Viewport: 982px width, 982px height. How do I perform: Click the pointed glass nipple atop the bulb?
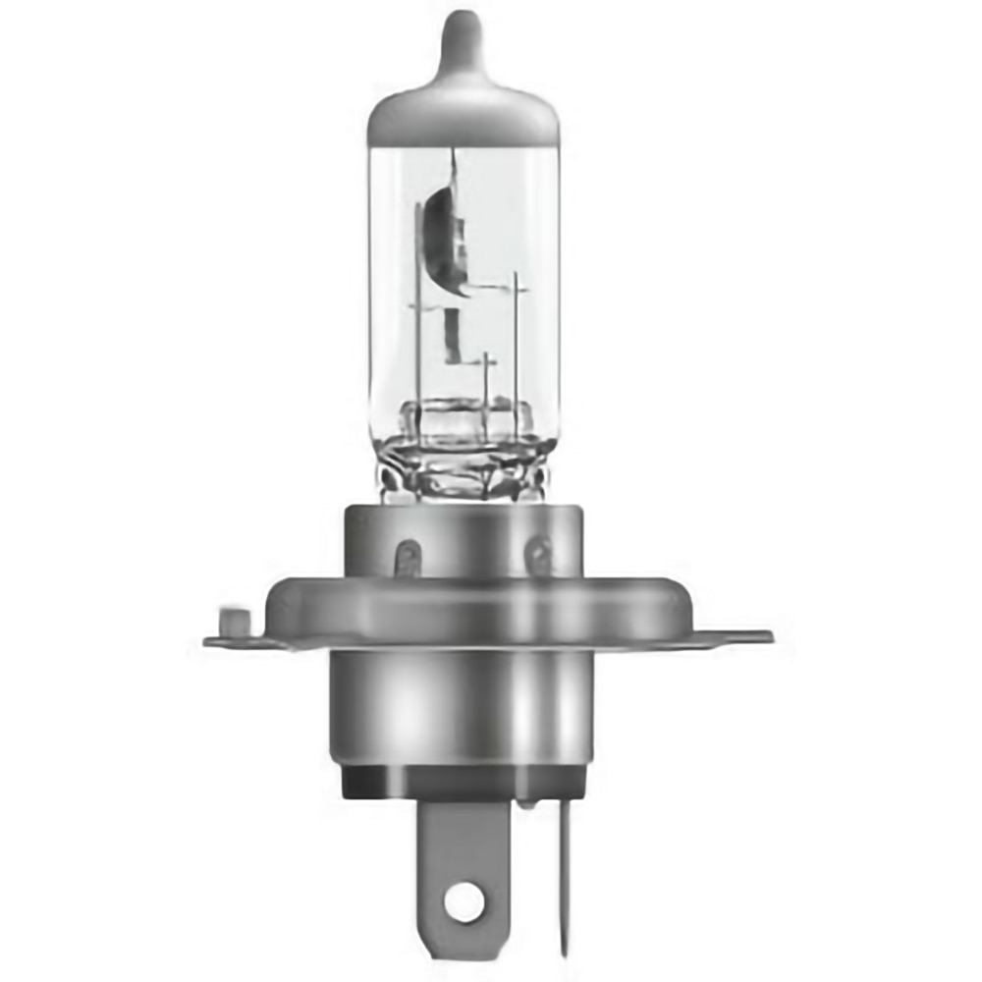coord(463,44)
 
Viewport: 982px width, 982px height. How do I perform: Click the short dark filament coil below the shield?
coord(451,335)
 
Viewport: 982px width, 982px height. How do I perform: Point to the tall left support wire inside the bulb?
coord(418,314)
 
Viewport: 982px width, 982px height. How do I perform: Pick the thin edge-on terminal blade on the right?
coord(565,864)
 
